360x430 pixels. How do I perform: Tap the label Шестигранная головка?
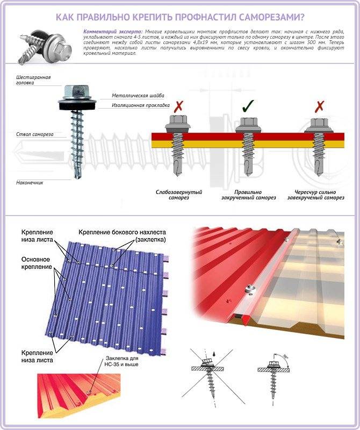point(33,80)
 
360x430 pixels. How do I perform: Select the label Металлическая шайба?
point(138,96)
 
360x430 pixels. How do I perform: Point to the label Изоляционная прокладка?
point(141,105)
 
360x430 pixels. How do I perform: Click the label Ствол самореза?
point(34,134)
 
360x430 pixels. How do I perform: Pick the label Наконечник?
point(30,182)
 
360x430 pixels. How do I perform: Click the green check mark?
point(248,106)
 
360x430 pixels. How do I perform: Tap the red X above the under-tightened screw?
point(179,106)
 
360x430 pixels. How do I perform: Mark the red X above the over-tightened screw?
point(319,106)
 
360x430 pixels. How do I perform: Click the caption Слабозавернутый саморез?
point(179,195)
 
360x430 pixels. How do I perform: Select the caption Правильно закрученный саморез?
point(248,195)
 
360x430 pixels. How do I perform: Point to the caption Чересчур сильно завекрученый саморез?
point(315,195)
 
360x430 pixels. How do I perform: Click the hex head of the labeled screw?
point(77,91)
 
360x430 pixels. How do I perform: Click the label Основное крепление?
point(37,263)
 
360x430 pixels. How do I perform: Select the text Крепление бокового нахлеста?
point(122,232)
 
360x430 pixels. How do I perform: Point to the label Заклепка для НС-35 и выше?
point(122,361)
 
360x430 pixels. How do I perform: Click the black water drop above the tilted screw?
point(214,353)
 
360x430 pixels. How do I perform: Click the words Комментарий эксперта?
point(113,31)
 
